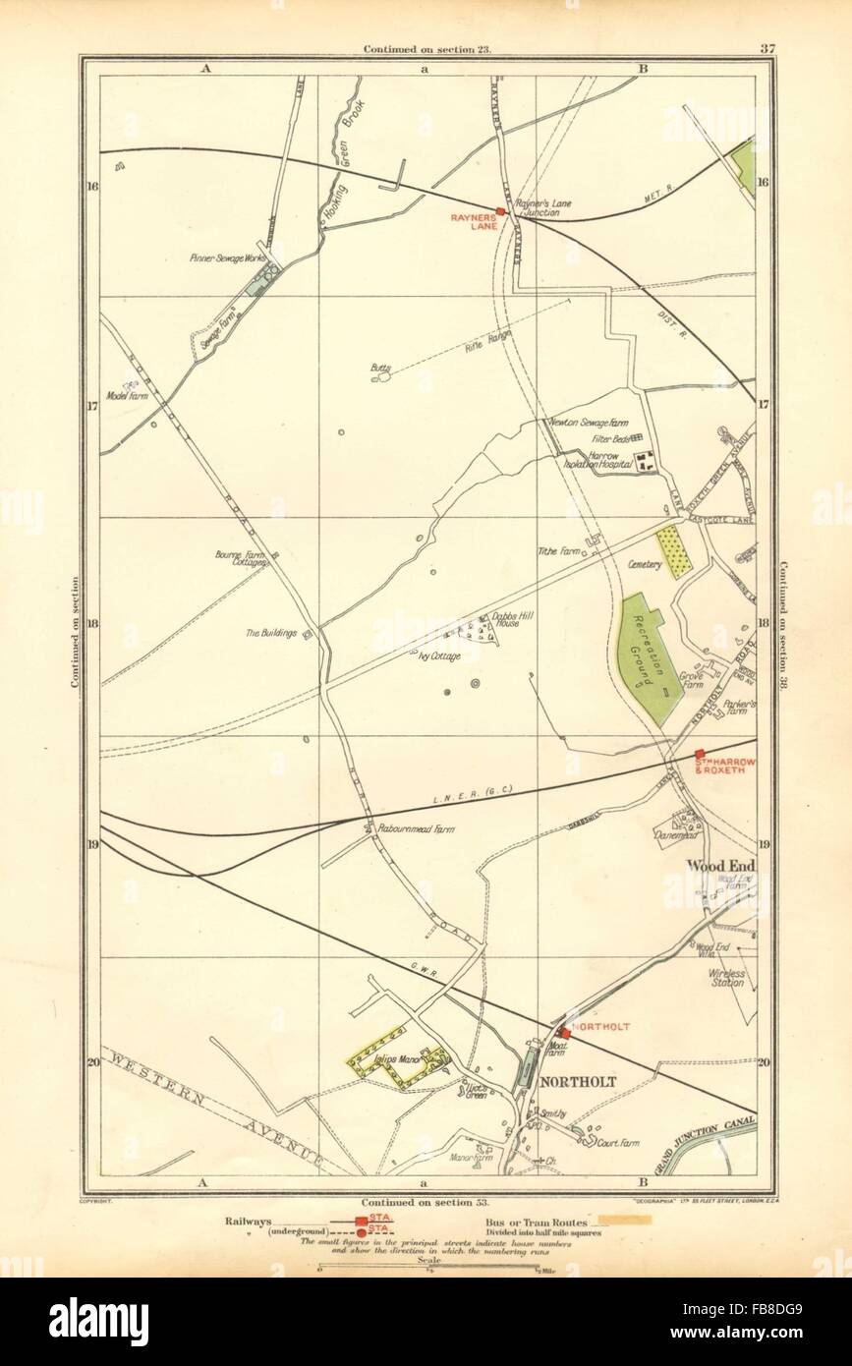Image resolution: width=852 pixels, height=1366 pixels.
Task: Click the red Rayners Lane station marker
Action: click(x=500, y=211)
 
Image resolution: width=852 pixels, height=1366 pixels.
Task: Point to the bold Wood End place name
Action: click(x=716, y=866)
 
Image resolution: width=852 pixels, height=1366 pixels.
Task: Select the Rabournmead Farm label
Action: click(x=408, y=828)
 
